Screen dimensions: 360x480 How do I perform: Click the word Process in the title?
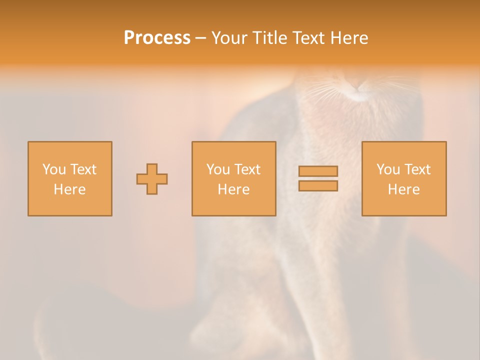point(157,38)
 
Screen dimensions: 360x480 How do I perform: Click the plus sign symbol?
point(152,179)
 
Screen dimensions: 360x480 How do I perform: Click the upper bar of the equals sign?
point(318,171)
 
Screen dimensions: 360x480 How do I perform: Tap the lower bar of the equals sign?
point(318,186)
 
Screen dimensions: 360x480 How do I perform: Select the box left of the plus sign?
point(70,178)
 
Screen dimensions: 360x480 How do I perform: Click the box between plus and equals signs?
point(233,178)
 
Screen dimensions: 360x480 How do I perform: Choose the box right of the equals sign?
point(404,178)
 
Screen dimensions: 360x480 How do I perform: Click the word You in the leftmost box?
point(54,169)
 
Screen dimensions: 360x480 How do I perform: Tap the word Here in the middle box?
point(233,189)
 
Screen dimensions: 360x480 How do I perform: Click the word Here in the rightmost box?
point(404,189)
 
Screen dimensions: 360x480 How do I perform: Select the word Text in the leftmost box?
point(83,169)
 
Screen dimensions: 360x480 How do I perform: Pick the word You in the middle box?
point(218,169)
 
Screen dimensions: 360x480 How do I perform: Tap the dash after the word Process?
point(200,38)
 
